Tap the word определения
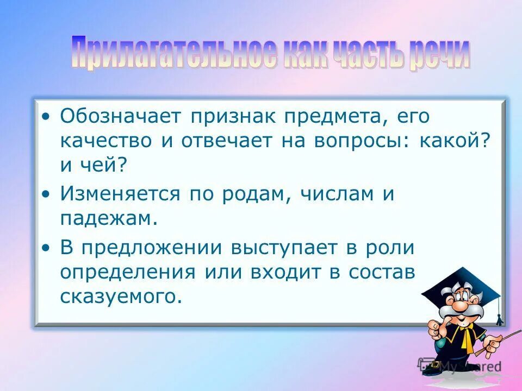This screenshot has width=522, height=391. point(127,272)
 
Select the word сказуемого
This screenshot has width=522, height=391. point(120,297)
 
